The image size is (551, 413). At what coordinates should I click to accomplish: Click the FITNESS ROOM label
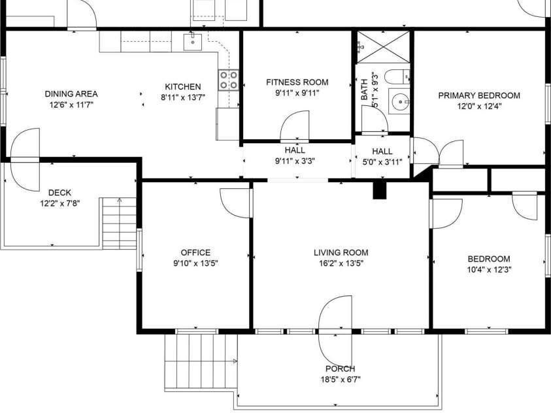coord(297,82)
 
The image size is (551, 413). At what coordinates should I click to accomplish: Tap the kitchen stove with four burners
coord(228,80)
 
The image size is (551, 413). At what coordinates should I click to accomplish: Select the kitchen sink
coord(193,42)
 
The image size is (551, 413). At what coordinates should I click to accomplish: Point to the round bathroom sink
coord(399,101)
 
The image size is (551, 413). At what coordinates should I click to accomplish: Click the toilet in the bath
coord(397,76)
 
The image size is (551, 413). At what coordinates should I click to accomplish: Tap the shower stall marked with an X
coord(384,47)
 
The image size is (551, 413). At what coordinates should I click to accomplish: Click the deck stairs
coord(119,223)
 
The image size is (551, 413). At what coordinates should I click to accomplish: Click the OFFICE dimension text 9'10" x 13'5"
coord(195,263)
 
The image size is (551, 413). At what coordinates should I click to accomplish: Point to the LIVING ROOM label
coord(341,252)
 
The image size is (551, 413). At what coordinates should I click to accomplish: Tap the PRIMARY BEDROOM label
coord(479,95)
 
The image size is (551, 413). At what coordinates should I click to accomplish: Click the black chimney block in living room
coord(379,190)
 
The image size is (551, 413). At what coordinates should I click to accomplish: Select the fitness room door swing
coord(295,125)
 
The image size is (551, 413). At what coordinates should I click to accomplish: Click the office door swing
coord(235,203)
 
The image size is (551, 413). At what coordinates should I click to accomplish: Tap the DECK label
coord(59,193)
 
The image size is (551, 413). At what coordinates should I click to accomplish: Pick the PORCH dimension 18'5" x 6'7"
coord(341,380)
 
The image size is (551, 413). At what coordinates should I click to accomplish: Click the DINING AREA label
coord(71,94)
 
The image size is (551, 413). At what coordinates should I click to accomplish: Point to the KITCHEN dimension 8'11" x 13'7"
coord(183,97)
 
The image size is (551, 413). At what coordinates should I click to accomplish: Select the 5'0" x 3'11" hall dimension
coord(382,162)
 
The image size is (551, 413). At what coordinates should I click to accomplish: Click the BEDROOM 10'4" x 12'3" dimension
coord(489,270)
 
